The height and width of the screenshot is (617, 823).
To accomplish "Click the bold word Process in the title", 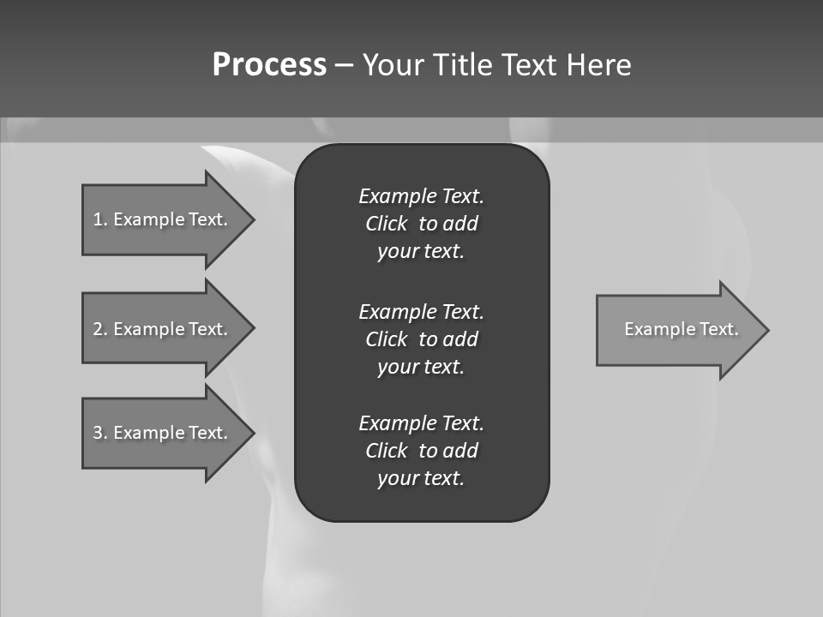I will coord(269,65).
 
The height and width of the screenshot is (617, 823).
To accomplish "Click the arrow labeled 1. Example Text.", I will coord(163,219).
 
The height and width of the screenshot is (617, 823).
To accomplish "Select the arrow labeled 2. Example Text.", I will coord(163,329).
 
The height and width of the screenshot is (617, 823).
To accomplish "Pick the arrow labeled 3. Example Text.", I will coord(163,433).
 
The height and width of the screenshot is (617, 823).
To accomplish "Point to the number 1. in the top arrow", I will coord(100,219).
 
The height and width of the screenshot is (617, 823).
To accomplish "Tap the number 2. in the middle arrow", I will coord(100,329).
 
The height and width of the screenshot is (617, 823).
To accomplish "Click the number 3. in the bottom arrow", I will coord(100,433).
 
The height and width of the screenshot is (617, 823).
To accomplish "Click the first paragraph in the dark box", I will coord(421,224).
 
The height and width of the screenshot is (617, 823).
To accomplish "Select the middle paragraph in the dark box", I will coord(421,339).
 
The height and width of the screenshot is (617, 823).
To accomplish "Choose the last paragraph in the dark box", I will coord(421,451).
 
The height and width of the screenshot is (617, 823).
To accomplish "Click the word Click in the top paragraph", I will coord(387,224).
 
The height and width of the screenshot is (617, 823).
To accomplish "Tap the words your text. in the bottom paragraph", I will coord(421,478).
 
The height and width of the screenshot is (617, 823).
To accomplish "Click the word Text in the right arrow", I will coord(718,329).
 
